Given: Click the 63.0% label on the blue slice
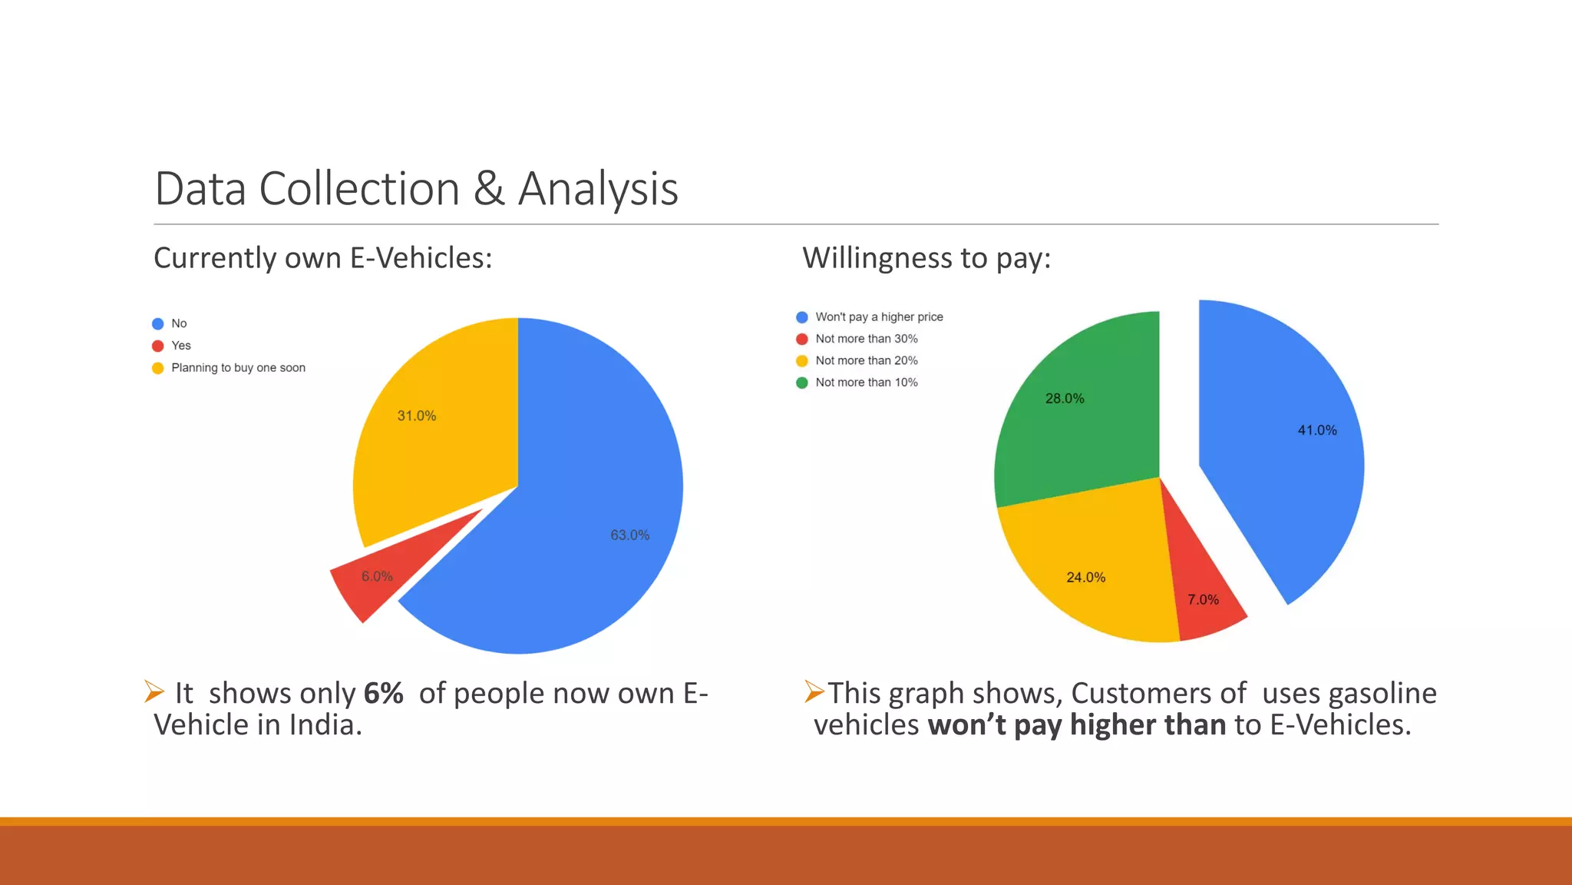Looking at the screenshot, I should [x=629, y=535].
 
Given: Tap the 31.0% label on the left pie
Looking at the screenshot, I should [x=416, y=416].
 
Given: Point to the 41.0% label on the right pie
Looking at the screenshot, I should [x=1317, y=430].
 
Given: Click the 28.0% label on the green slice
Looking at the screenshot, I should [x=1065, y=398].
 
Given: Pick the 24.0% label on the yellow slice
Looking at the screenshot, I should [x=1085, y=577].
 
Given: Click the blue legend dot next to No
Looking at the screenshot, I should [x=158, y=323].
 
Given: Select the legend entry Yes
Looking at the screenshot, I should [x=181, y=346].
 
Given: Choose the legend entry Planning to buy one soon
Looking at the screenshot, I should [x=238, y=368].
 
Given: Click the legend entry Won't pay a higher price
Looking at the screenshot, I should [x=879, y=317].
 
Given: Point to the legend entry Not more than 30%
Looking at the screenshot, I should [x=866, y=339].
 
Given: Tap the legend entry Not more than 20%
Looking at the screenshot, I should [x=866, y=360].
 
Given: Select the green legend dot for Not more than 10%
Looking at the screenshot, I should [x=802, y=383].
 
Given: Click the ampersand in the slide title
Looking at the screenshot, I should [x=489, y=189].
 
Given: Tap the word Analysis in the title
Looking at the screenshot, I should [x=598, y=189].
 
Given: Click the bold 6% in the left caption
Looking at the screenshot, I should [x=383, y=693].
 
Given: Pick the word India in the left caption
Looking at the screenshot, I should [x=322, y=724].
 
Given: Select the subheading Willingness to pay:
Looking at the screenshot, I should [x=926, y=258].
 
